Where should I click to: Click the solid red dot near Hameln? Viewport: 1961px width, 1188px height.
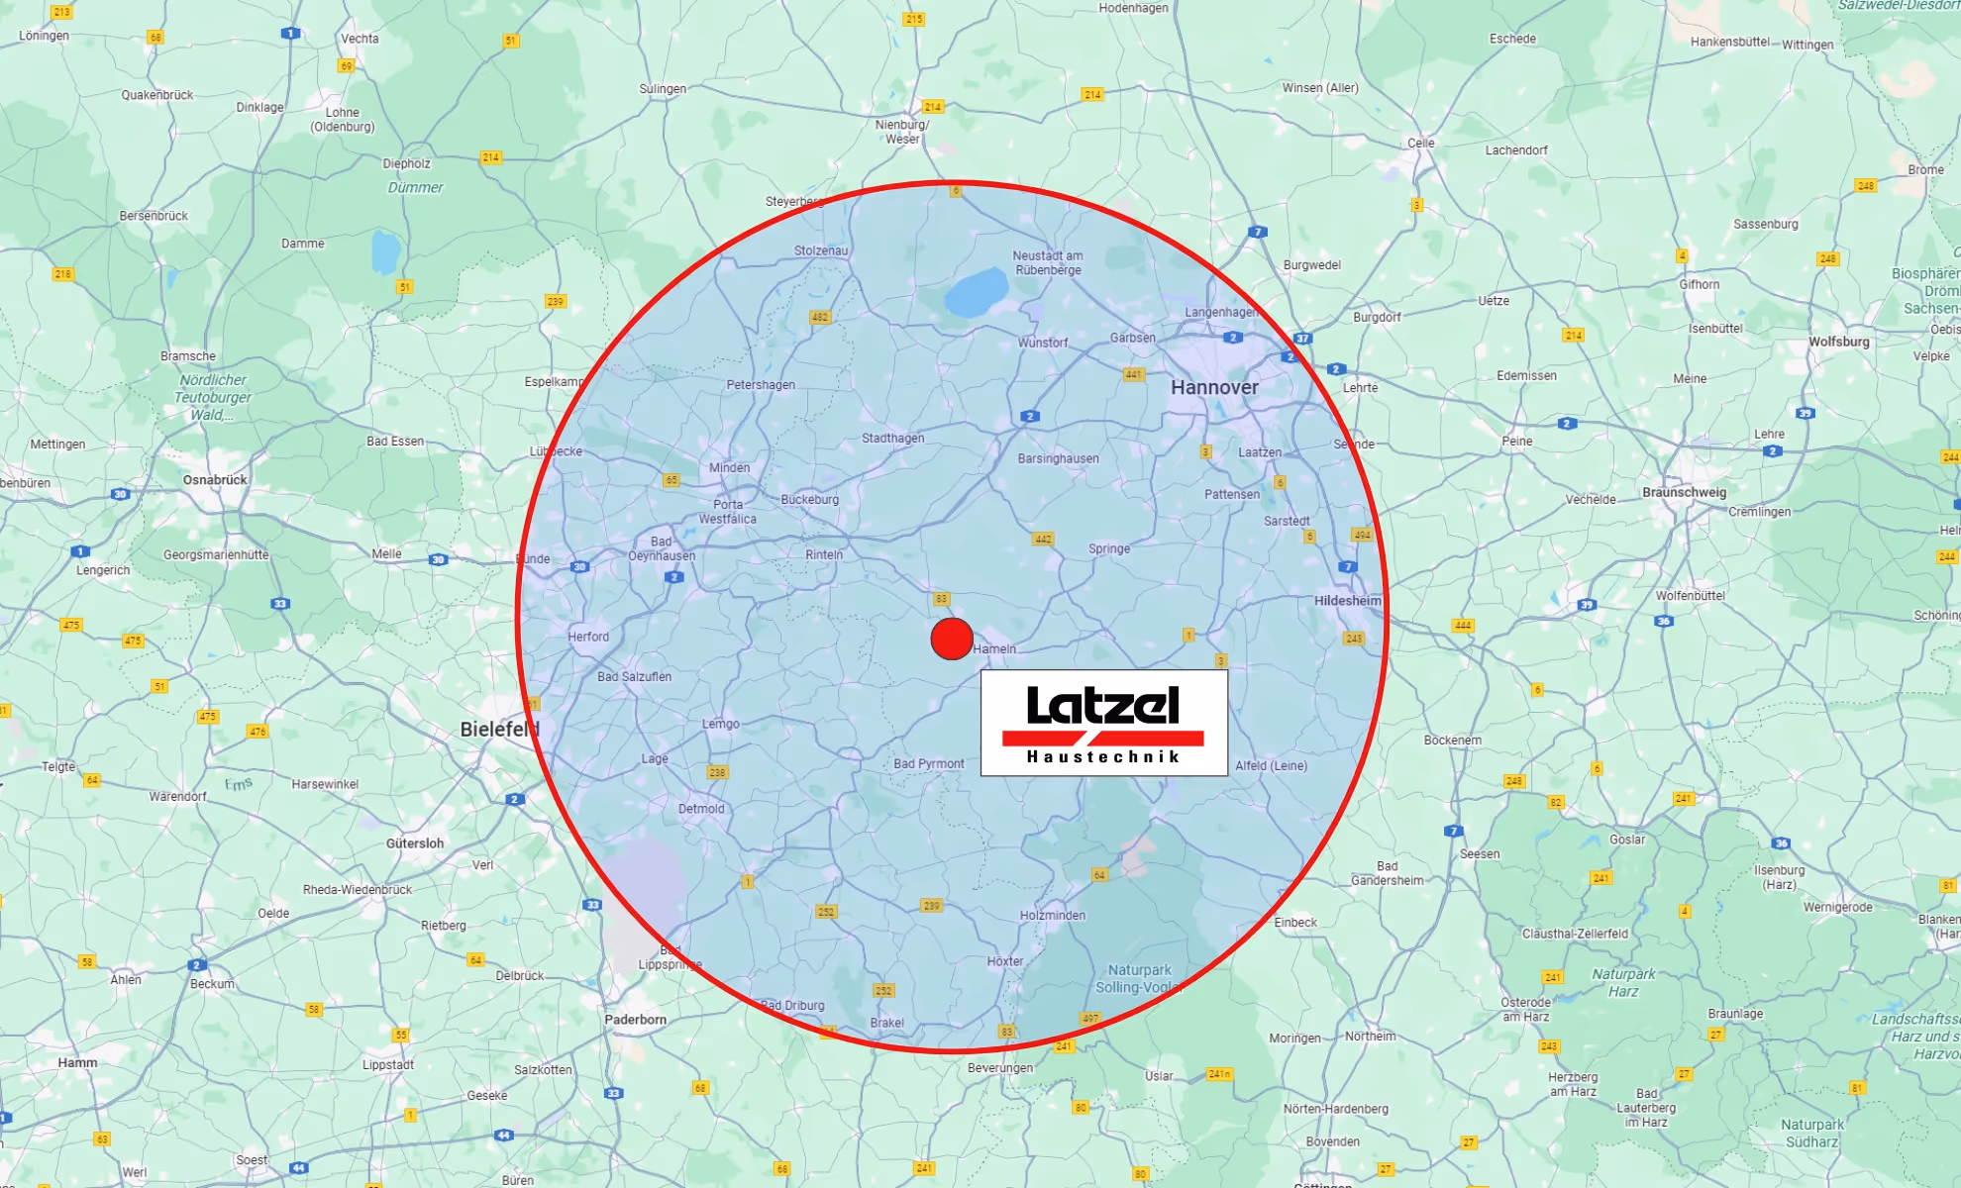pos(952,639)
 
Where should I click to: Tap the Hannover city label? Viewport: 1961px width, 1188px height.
pos(1214,387)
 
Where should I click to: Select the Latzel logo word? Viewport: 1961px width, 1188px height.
pos(1102,705)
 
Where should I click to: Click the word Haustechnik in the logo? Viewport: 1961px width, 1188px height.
pos(1103,757)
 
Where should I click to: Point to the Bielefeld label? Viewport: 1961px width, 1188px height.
pos(498,730)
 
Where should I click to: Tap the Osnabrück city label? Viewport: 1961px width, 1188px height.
pos(215,480)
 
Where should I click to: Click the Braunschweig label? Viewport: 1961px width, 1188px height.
pos(1684,492)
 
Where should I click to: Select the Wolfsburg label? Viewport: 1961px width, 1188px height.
pos(1838,342)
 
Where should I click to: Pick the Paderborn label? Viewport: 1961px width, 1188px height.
pos(635,1020)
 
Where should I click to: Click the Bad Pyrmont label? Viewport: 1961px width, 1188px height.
pos(928,764)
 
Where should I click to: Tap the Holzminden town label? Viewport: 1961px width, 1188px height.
pos(1052,916)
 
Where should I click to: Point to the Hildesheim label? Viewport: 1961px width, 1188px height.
pos(1347,601)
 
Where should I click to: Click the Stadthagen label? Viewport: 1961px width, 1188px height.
pos(892,439)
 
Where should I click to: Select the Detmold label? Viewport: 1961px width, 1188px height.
pos(701,809)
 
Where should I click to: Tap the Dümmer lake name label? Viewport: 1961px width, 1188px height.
pos(415,188)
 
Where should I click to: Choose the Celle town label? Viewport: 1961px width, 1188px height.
pos(1420,144)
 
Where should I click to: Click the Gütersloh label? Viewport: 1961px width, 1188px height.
pos(415,843)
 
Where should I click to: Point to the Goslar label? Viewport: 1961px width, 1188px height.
pos(1626,840)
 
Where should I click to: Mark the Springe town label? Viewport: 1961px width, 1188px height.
pos(1108,548)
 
